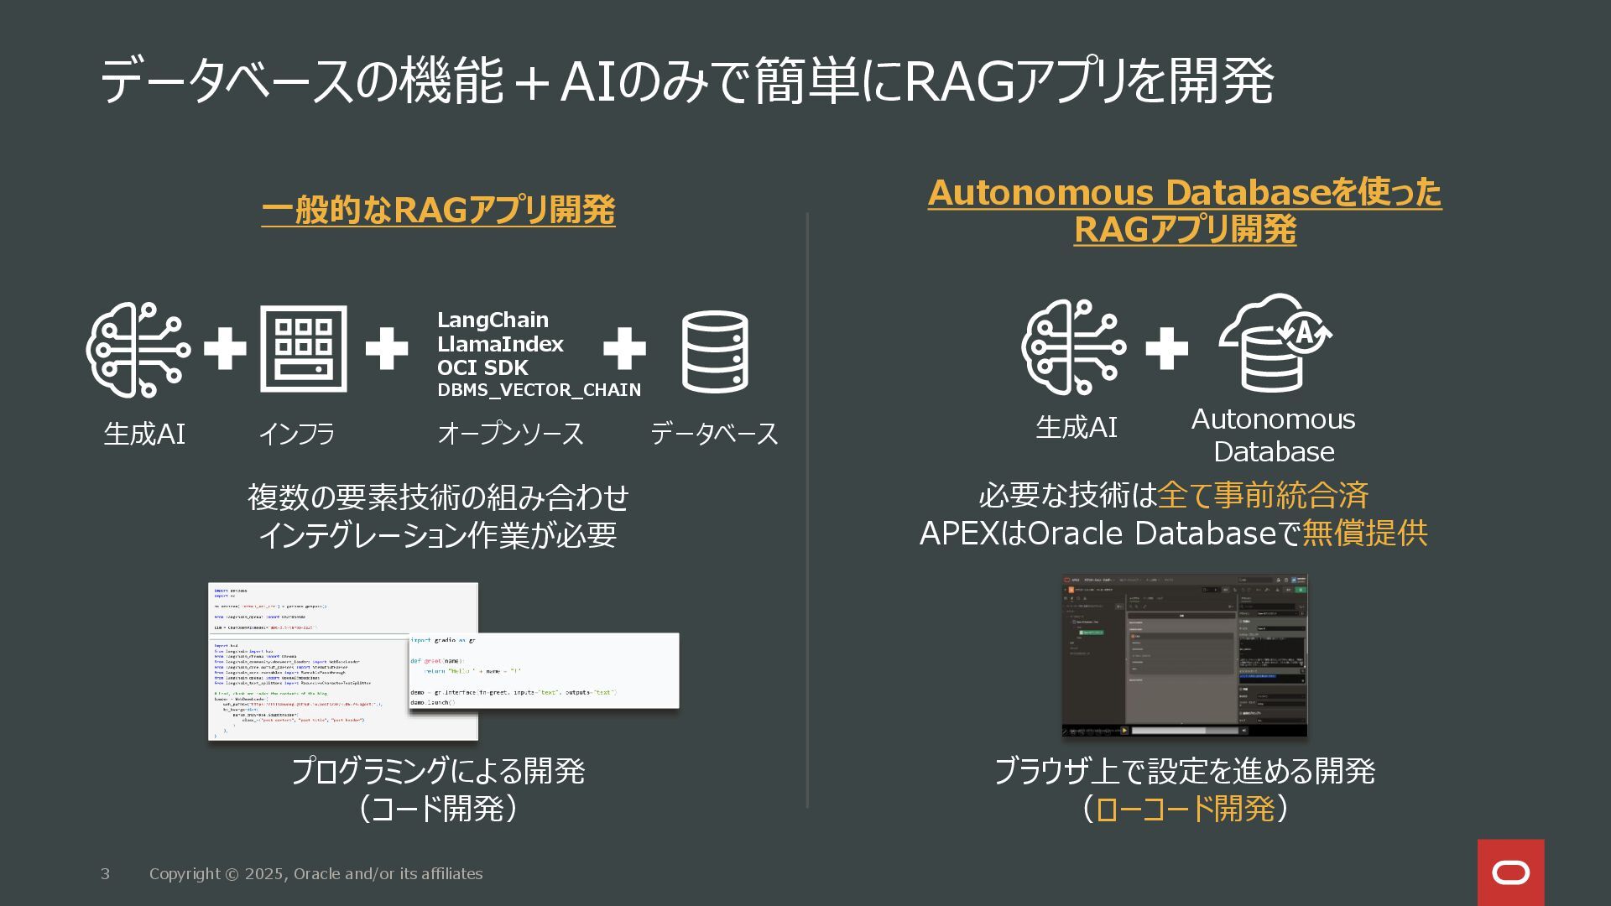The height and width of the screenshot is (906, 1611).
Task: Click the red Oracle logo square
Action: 1510,872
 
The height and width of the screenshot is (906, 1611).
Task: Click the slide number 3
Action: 105,874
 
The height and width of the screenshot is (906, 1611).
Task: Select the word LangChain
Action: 493,320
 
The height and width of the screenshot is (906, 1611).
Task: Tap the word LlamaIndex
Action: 500,344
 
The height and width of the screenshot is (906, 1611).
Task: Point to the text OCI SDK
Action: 482,367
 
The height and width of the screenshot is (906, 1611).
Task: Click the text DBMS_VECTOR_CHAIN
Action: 539,390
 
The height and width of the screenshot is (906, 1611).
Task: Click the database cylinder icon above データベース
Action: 714,351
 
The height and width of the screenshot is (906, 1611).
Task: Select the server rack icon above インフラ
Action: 303,349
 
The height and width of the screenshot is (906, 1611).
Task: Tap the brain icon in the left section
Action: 138,349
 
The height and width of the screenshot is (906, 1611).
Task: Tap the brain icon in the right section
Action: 1073,346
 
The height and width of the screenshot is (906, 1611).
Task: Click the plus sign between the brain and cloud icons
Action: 1166,348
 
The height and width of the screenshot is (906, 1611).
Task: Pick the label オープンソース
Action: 510,434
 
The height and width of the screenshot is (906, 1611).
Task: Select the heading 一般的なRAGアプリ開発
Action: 438,210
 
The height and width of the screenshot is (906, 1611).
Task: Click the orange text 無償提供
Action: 1364,534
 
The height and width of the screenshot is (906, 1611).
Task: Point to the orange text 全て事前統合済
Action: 1263,496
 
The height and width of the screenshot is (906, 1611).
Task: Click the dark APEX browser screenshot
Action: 1184,655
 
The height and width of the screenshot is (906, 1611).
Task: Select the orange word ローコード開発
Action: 1185,809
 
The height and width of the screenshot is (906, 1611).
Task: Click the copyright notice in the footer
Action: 315,874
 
